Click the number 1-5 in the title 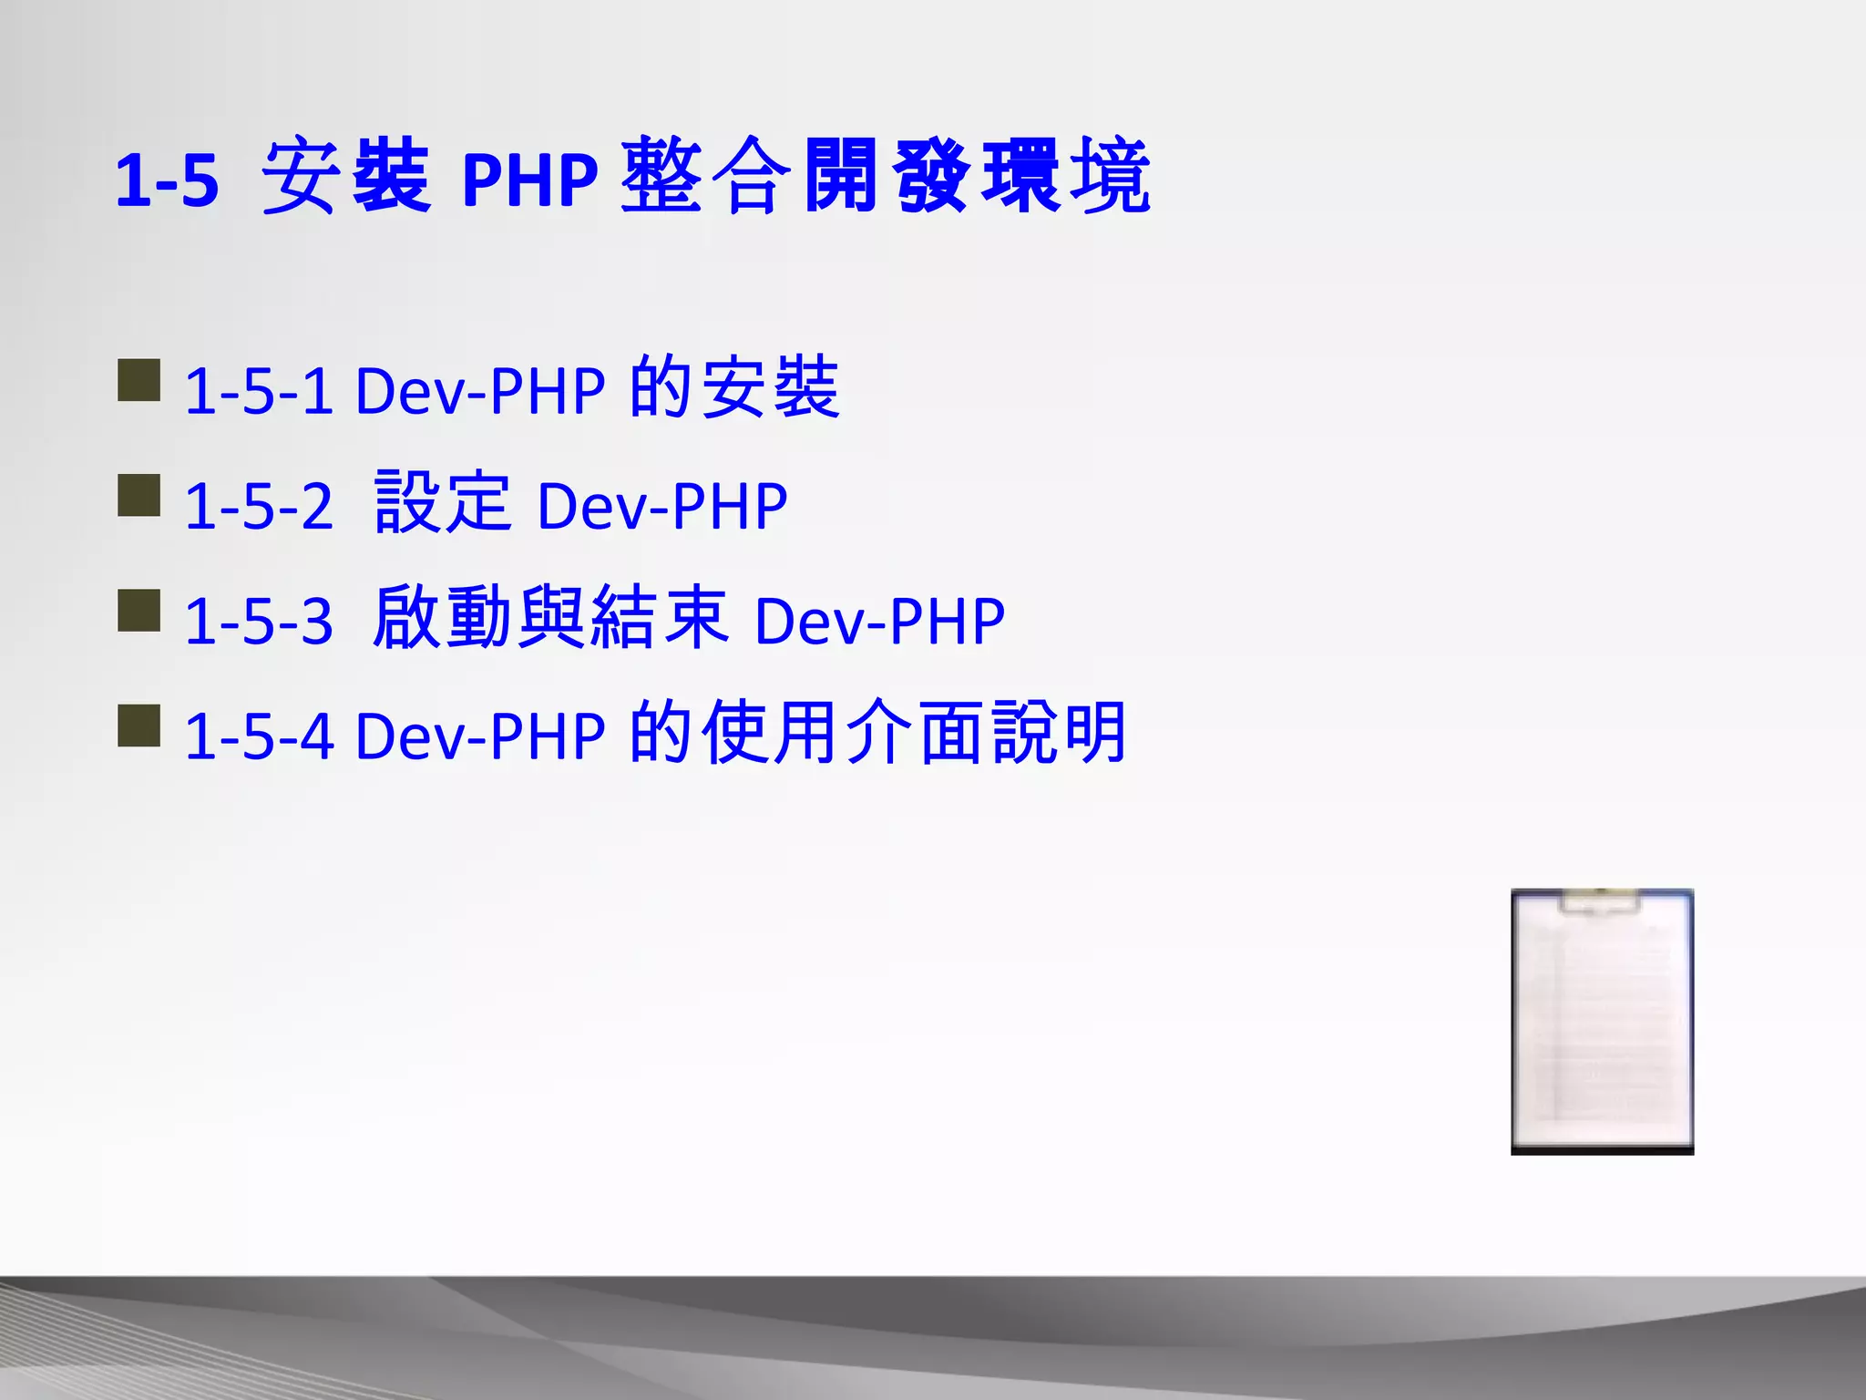click(168, 180)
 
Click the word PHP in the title click(529, 180)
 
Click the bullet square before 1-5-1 click(139, 380)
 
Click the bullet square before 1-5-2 click(139, 495)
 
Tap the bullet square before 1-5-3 click(139, 611)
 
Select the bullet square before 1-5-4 click(139, 726)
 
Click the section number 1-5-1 click(259, 391)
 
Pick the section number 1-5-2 click(259, 506)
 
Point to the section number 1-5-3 click(259, 622)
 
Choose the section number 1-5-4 click(259, 736)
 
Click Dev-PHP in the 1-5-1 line click(480, 391)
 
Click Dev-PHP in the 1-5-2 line click(662, 506)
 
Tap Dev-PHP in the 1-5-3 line click(879, 622)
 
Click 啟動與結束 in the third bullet click(550, 617)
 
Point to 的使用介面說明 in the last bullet click(878, 733)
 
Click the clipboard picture click(1602, 1022)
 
